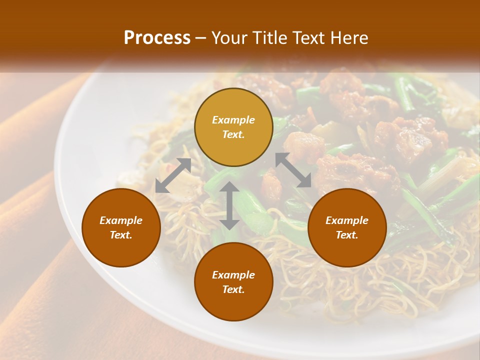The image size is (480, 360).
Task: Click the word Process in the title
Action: [157, 38]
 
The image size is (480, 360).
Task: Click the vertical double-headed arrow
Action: [229, 206]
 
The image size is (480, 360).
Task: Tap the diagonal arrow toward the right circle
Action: [293, 170]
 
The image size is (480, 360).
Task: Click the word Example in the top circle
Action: [233, 120]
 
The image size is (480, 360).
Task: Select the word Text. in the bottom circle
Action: [233, 289]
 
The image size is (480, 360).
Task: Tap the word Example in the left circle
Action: [121, 220]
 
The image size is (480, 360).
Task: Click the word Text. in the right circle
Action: [347, 235]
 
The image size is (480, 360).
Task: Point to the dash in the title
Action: [201, 38]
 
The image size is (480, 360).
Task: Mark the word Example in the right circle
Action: [347, 220]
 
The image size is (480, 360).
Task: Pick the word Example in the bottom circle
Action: [233, 275]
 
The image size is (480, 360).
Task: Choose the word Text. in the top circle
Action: [233, 134]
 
